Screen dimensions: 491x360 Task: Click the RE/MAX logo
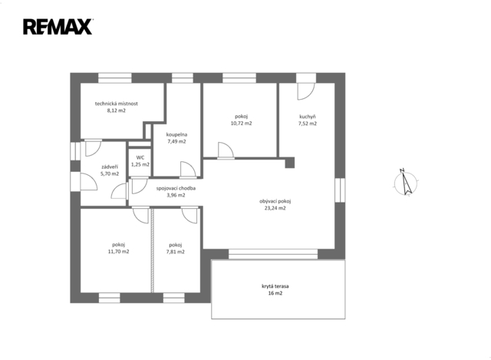tap(58, 27)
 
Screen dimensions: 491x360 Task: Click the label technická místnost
tap(117, 104)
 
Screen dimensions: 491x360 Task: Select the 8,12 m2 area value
tap(117, 111)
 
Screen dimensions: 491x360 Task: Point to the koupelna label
tap(176, 135)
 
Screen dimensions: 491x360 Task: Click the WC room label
tap(140, 157)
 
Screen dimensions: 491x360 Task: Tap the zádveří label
tap(110, 167)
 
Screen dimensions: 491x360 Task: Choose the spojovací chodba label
tap(176, 188)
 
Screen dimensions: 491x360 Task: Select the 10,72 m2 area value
tap(241, 124)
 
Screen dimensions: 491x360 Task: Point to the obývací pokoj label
tap(275, 201)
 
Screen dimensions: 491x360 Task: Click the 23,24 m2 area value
tap(275, 208)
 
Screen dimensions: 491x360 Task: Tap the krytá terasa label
tap(275, 286)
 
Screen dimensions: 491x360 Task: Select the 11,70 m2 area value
tap(118, 251)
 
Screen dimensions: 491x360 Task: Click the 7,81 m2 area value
tap(176, 252)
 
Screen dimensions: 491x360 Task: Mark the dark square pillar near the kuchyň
tap(290, 163)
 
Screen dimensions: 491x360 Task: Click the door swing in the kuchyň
tap(305, 91)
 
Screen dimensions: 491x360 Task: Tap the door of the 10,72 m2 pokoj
tap(226, 150)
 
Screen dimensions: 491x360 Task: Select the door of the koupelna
tap(188, 170)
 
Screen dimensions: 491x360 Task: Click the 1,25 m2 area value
tap(140, 164)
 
